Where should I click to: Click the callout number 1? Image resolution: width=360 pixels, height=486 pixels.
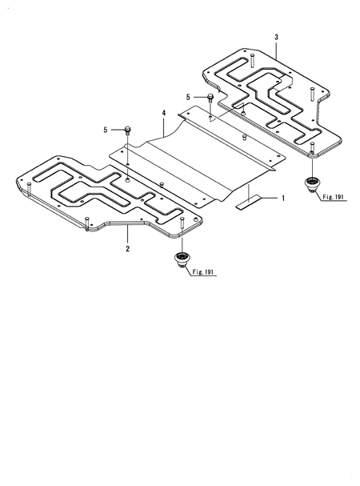[282, 196]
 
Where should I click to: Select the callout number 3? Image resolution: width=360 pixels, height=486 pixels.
[276, 38]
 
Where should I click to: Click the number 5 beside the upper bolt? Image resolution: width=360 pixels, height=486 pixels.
[189, 96]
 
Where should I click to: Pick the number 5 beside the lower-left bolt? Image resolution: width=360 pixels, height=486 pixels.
[104, 128]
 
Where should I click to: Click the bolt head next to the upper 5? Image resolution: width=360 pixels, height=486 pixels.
[209, 98]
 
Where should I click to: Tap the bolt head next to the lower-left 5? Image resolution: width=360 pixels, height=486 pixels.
[128, 129]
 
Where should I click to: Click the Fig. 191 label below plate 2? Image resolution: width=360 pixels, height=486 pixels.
[205, 273]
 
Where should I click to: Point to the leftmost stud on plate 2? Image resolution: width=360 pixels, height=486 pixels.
[30, 189]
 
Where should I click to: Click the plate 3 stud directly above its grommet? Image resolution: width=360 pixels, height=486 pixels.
[312, 148]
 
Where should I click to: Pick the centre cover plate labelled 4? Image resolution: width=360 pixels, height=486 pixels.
[192, 156]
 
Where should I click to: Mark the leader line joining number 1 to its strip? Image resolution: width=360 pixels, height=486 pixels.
[267, 196]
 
